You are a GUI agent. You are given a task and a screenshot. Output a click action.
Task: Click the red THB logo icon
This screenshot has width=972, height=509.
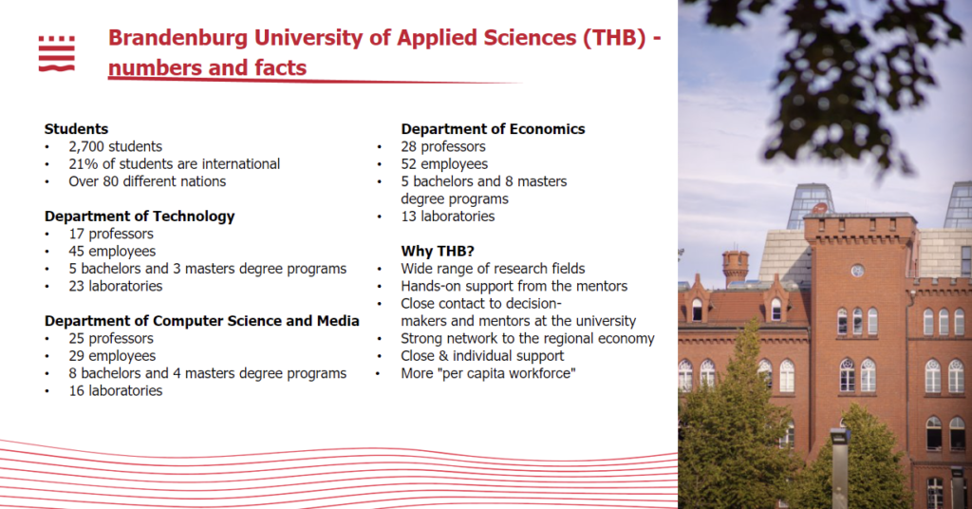click(x=56, y=53)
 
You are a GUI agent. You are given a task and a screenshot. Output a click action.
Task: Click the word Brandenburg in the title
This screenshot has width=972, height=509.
click(x=178, y=38)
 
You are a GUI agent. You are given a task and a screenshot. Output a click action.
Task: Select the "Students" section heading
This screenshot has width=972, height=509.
click(x=76, y=129)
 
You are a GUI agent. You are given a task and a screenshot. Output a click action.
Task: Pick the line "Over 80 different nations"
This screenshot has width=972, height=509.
click(x=147, y=181)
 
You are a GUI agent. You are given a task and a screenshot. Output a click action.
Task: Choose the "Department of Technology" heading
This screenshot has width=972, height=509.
click(x=140, y=217)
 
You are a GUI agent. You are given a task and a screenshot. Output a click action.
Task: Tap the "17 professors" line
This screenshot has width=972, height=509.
click(x=111, y=234)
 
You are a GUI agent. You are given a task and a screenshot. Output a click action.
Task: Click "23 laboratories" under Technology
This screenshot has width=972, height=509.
click(x=115, y=286)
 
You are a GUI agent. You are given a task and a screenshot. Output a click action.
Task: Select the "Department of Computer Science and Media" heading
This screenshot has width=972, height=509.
click(x=202, y=321)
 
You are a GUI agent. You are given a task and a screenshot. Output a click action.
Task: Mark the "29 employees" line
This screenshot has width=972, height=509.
click(x=112, y=356)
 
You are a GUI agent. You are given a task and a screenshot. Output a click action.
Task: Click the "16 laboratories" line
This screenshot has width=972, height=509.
click(x=115, y=390)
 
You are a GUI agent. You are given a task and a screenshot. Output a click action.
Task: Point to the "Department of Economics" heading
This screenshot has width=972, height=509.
click(x=493, y=129)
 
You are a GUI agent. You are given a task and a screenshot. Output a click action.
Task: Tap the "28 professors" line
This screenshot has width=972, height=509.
click(x=443, y=147)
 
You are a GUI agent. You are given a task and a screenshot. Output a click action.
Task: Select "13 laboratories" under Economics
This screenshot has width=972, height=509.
click(x=448, y=217)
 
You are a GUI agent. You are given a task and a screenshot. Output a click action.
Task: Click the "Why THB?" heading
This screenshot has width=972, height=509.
click(x=438, y=251)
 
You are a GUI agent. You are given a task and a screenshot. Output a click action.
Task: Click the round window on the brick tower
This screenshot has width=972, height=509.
click(x=857, y=271)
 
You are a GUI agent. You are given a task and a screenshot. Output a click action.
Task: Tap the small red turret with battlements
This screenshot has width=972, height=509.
click(x=736, y=269)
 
